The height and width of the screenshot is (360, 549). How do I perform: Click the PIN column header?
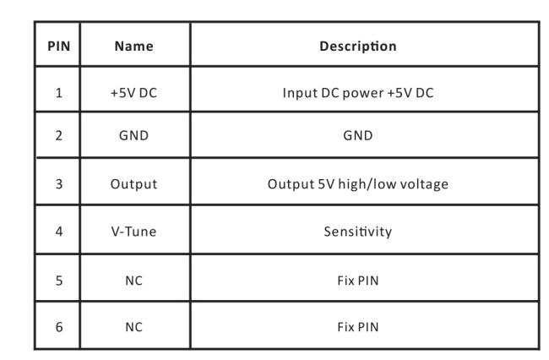tap(59, 46)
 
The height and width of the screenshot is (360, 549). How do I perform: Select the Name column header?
tap(134, 46)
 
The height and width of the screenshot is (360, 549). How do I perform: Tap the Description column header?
tap(358, 46)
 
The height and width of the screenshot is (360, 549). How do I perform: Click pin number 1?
tap(59, 93)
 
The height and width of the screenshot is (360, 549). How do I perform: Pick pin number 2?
tap(59, 135)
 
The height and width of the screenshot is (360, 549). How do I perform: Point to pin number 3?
tap(59, 184)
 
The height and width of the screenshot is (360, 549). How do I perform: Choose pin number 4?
tap(59, 232)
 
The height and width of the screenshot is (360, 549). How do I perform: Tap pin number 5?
tap(59, 281)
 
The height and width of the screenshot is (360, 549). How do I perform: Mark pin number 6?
tap(59, 327)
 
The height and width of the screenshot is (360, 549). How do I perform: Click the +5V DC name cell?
tap(133, 93)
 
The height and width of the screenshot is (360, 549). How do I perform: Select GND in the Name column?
tap(133, 135)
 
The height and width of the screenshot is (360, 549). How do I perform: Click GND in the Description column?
tap(358, 135)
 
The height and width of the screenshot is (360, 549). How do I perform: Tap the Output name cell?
tap(133, 184)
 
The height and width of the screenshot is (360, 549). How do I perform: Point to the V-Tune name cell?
tap(133, 232)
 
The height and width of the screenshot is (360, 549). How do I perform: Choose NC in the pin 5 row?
tap(133, 281)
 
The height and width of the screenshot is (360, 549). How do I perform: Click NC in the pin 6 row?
tap(133, 327)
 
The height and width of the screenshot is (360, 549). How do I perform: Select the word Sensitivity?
tap(358, 232)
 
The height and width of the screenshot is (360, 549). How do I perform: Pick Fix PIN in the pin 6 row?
tap(358, 327)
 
